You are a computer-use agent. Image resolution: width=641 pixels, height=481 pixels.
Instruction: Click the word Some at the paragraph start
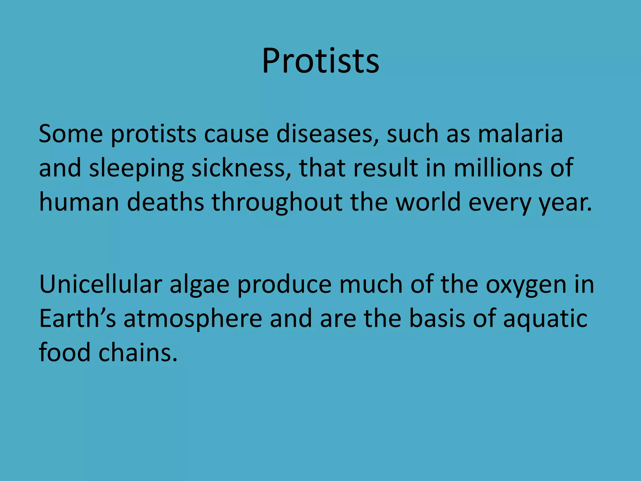[71, 134]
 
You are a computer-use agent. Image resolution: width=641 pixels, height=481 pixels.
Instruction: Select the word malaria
[520, 134]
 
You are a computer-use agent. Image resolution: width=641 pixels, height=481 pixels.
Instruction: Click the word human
[79, 202]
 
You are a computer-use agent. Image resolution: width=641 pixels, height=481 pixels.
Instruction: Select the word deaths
[166, 202]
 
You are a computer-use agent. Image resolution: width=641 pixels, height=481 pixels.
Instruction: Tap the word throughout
[277, 203]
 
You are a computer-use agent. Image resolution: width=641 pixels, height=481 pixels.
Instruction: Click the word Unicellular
[100, 285]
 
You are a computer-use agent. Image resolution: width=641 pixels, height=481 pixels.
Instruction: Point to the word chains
[138, 353]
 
